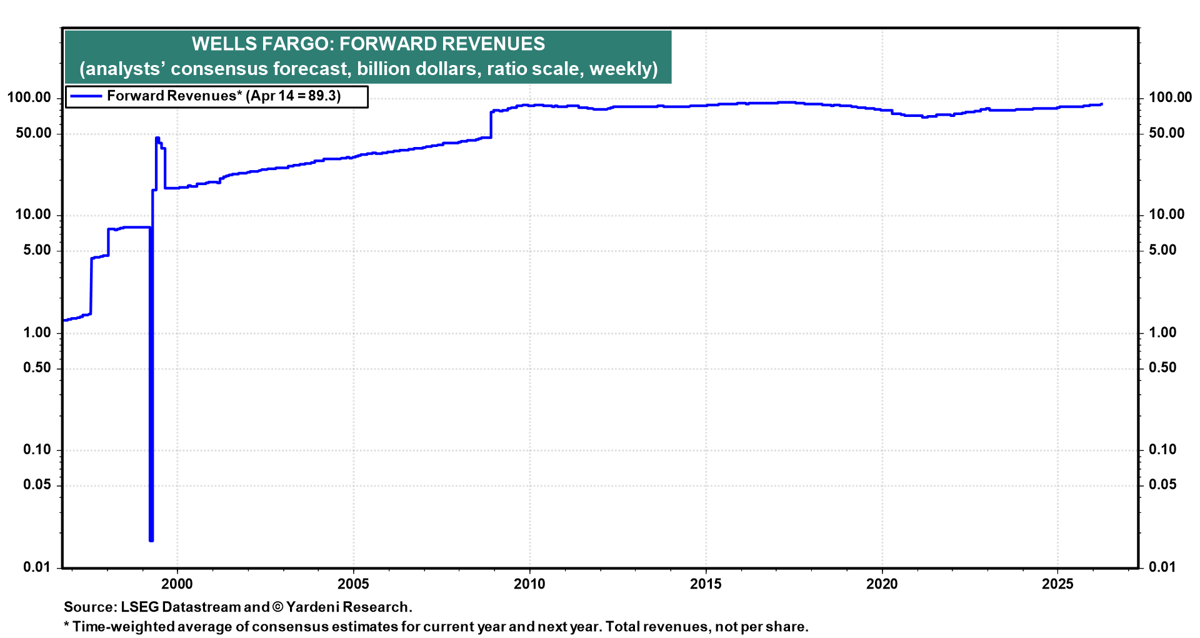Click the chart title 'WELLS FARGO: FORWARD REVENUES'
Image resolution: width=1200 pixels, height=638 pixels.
pyautogui.click(x=368, y=44)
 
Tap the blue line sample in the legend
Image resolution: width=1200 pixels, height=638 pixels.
pyautogui.click(x=86, y=96)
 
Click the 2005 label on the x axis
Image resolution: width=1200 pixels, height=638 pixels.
pyautogui.click(x=353, y=584)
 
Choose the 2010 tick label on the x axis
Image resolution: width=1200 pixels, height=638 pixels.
pyautogui.click(x=529, y=584)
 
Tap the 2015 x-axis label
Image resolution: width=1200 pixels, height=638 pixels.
pyautogui.click(x=706, y=584)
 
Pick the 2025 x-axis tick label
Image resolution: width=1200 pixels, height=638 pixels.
pyautogui.click(x=1057, y=584)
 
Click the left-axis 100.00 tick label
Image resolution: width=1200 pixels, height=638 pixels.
pyautogui.click(x=29, y=98)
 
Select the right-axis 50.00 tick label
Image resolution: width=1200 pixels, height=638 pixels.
pyautogui.click(x=1167, y=133)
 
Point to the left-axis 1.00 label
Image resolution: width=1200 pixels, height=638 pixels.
pyautogui.click(x=37, y=333)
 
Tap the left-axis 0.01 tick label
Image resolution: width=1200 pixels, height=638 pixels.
pyautogui.click(x=37, y=567)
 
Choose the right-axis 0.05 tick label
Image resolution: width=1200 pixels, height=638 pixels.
pyautogui.click(x=1162, y=485)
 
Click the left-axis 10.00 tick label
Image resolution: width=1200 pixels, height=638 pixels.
pyautogui.click(x=32, y=215)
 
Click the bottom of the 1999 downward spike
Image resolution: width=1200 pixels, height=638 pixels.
pyautogui.click(x=151, y=540)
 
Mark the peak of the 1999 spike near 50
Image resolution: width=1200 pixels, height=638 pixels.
pyautogui.click(x=157, y=138)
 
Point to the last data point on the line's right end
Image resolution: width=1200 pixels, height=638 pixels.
pyautogui.click(x=1101, y=104)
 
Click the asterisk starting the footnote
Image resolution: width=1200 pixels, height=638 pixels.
pyautogui.click(x=66, y=625)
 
